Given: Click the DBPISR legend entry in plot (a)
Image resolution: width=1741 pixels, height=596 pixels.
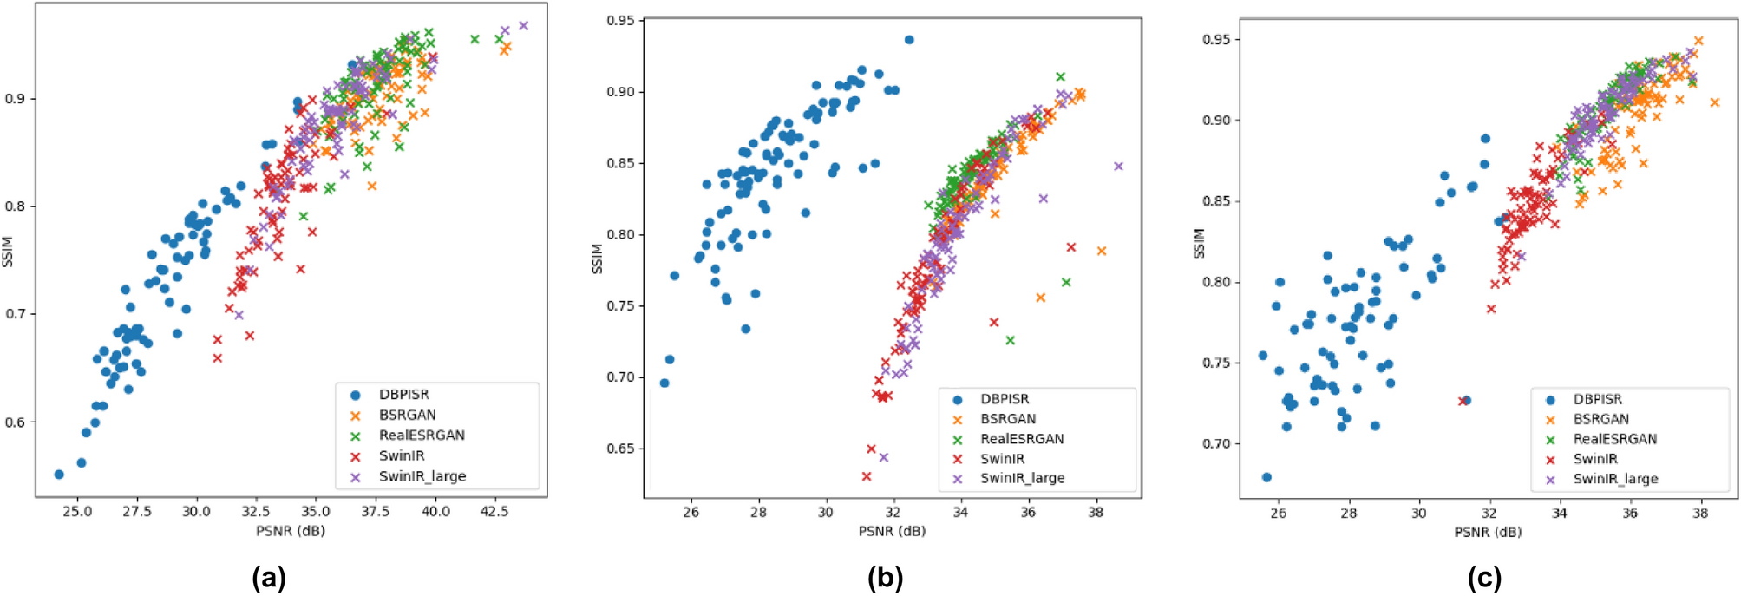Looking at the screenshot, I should [x=403, y=395].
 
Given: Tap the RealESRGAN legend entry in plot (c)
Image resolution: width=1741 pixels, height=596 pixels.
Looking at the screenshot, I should [x=1614, y=439].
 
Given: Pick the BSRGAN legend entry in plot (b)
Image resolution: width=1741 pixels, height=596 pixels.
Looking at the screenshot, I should [x=1007, y=419].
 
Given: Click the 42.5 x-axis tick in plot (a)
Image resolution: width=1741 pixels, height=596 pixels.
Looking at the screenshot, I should [x=494, y=511].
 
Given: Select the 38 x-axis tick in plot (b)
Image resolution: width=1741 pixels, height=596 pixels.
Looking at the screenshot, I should [x=1096, y=512].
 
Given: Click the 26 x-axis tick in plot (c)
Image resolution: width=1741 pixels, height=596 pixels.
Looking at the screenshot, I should [x=1278, y=513].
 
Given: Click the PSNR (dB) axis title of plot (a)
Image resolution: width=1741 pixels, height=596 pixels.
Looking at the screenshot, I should [x=290, y=530].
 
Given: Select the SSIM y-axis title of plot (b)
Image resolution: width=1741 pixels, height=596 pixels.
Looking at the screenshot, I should [x=597, y=259].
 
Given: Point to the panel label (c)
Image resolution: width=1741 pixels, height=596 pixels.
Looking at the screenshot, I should [x=1483, y=577].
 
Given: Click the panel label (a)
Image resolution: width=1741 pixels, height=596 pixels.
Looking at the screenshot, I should [x=268, y=577].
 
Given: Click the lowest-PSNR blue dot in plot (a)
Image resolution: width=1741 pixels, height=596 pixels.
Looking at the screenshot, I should [x=59, y=475].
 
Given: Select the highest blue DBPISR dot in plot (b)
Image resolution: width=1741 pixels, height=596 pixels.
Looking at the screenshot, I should [x=909, y=40].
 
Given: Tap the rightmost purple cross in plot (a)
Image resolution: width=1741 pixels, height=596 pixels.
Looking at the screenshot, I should [x=523, y=26].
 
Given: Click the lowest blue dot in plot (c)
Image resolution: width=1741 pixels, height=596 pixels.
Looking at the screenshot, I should [x=1266, y=477].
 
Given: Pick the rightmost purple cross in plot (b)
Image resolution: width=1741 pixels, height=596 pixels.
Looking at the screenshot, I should [x=1118, y=167].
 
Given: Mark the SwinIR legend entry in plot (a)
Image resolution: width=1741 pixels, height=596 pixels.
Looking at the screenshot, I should [x=401, y=455].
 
